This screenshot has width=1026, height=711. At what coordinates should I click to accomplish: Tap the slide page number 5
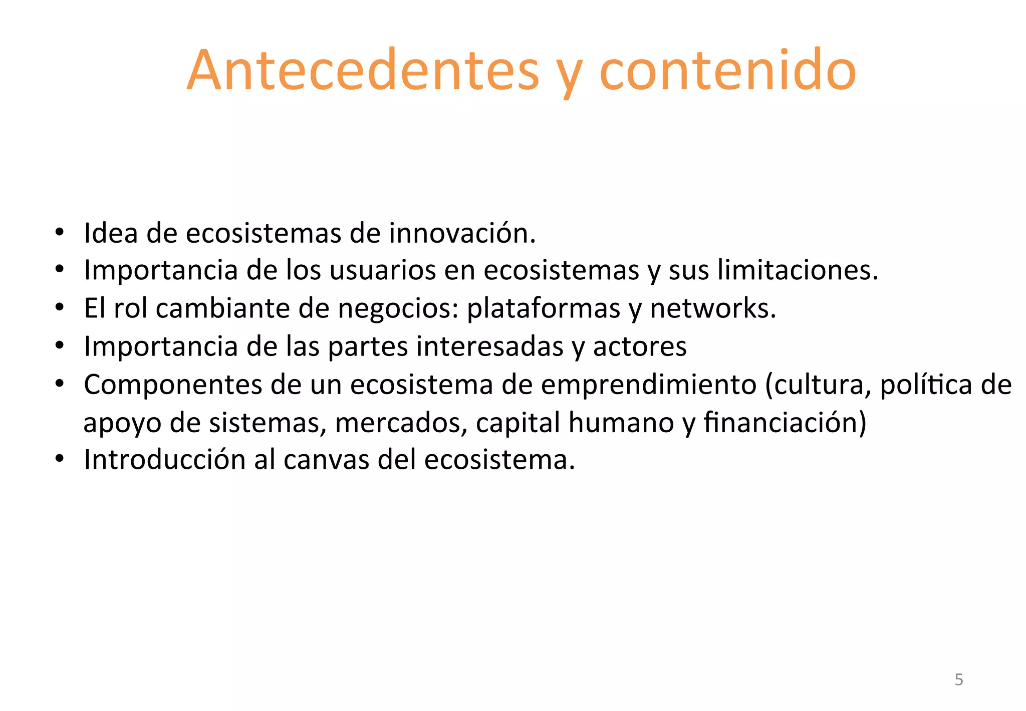(958, 679)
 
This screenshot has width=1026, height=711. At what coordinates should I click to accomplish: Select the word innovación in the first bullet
(462, 233)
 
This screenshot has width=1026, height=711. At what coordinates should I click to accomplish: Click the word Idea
(111, 233)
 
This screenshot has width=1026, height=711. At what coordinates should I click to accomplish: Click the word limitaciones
(798, 270)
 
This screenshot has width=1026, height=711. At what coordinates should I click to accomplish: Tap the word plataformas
(544, 308)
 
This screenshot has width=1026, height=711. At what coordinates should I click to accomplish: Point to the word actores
(640, 346)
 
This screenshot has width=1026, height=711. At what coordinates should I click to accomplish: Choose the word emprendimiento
(649, 385)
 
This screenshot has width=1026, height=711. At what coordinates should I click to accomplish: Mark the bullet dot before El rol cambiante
(60, 308)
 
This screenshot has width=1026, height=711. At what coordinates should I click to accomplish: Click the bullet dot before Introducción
(60, 459)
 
